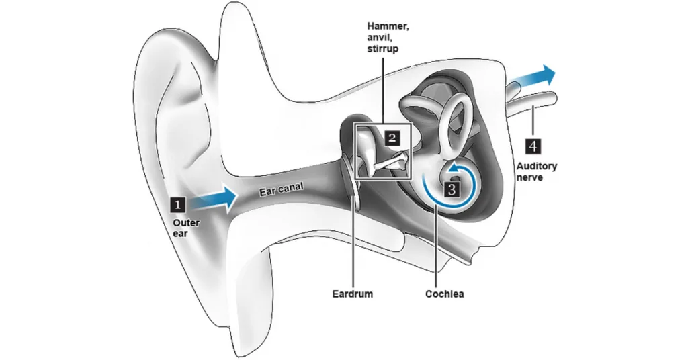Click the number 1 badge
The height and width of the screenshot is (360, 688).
coord(177,204)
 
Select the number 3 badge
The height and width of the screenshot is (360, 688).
coord(451,189)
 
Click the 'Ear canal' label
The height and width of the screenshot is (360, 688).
coord(281,189)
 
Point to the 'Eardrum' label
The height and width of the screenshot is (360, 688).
coord(352,294)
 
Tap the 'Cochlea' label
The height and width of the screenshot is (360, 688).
coord(445,294)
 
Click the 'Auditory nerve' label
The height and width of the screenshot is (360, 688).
coord(536,171)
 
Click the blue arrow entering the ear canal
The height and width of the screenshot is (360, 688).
coord(214,198)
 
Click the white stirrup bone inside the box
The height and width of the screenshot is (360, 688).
coord(393,161)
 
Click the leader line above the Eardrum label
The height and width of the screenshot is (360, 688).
coord(352,249)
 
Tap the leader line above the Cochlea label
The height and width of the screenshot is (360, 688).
coord(437,249)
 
